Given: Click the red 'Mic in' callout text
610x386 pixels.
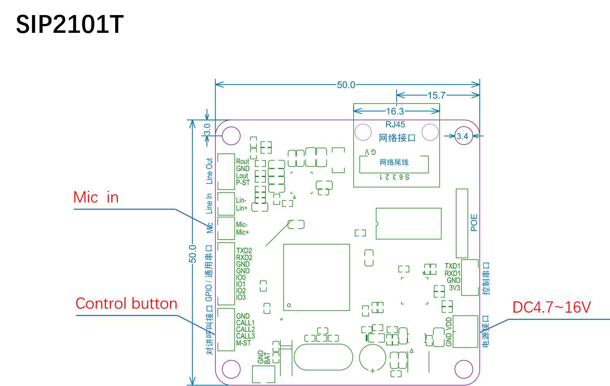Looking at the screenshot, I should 96,197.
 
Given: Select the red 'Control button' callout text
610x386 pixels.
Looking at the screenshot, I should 126,304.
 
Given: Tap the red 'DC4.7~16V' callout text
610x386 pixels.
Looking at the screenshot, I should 552,308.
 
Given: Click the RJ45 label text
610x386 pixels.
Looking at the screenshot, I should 395,124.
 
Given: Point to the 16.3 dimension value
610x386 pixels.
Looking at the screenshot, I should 395,111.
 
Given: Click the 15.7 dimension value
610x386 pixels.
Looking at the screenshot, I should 436,95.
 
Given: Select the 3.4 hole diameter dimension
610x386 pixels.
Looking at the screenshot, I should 462,136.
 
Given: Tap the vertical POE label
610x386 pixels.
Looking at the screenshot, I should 474,223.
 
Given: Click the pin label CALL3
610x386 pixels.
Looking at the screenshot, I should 245,336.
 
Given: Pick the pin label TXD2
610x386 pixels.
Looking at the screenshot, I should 244,251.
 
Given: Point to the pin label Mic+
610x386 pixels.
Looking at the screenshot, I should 242,232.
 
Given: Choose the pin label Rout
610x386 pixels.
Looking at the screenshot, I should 242,162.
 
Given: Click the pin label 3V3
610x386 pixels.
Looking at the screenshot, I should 455,288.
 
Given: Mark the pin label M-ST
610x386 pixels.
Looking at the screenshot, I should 244,343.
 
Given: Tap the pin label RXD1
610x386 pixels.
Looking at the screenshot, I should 452,273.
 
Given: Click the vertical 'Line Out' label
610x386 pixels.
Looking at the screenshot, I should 209,171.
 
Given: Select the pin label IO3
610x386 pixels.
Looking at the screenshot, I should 241,298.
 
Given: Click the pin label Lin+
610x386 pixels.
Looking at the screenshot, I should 242,208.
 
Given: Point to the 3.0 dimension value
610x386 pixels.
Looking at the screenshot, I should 207,129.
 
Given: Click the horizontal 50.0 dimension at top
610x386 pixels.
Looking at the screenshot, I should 346,85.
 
